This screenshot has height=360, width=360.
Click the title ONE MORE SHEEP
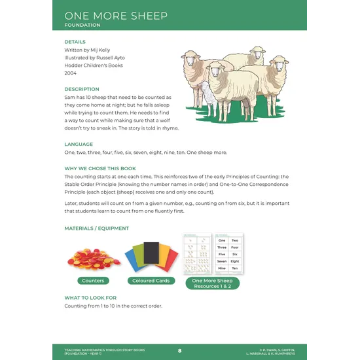point(116,15)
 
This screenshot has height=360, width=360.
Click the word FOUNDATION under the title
point(82,26)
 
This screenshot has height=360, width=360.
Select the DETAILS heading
point(75,42)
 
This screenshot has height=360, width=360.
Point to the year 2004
point(70,73)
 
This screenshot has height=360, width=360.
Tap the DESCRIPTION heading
point(82,89)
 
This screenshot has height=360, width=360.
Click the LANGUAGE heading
point(79,144)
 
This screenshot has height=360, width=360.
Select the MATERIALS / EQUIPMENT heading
point(96,228)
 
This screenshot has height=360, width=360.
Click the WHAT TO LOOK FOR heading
point(90,298)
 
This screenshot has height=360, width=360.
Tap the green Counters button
point(93,281)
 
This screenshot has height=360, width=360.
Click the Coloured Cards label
point(151,281)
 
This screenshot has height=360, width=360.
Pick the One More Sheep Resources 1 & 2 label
point(211,283)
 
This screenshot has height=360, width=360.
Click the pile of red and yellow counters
point(94,257)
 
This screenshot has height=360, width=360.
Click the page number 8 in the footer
point(180,351)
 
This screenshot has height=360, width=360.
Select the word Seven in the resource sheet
point(222,261)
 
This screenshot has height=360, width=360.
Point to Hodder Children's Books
point(94,65)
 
